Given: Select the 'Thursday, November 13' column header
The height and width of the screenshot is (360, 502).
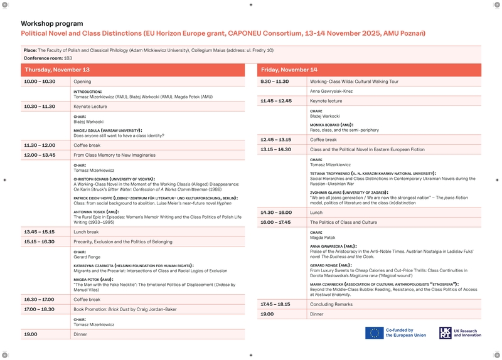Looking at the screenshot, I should [x=57, y=70].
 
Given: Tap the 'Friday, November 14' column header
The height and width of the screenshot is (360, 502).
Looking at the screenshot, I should [x=289, y=70].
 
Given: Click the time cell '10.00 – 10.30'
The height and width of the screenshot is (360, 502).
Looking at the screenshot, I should [x=40, y=82].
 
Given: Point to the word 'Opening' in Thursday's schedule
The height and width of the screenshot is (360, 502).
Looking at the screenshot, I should [x=82, y=82].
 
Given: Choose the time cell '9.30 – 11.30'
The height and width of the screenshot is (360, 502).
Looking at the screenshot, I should [x=274, y=82].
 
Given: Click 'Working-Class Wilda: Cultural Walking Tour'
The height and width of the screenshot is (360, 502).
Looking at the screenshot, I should [x=354, y=82].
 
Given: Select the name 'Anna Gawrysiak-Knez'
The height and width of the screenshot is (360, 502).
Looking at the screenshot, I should [x=331, y=92].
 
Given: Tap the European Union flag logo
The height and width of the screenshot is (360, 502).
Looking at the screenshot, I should [x=375, y=333].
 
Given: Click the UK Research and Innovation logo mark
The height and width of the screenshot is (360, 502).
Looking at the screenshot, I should [x=445, y=333].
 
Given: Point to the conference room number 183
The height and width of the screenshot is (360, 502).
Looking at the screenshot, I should [x=68, y=58].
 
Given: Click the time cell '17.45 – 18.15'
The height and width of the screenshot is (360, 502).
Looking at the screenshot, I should [x=275, y=304].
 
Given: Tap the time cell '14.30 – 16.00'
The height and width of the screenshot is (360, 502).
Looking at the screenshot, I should [x=276, y=213].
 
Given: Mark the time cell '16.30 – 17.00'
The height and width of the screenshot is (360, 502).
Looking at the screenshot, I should [x=40, y=300].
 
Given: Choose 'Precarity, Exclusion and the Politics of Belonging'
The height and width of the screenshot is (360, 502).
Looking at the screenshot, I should [x=122, y=241].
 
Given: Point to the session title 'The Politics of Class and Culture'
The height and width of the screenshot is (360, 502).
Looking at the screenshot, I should [x=343, y=222].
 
